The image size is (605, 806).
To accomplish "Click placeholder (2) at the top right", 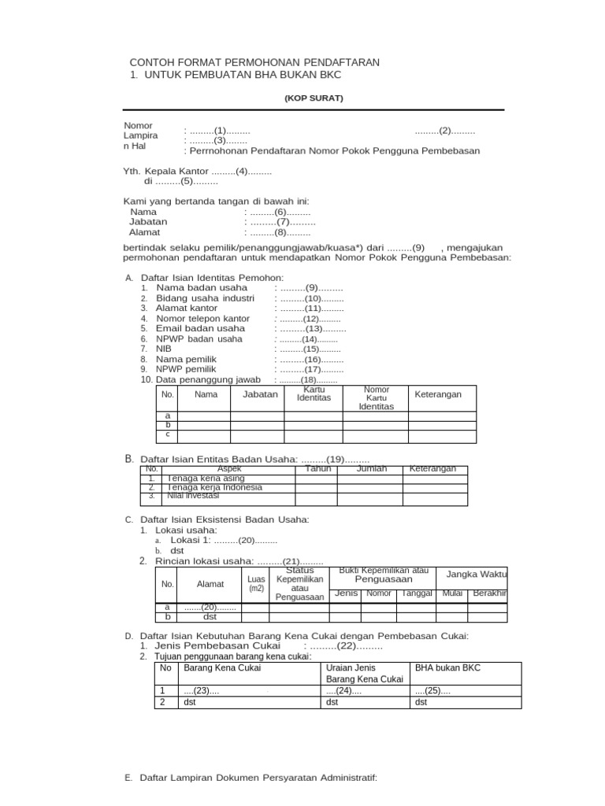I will [445, 131].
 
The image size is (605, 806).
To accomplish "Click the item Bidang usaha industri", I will [205, 298].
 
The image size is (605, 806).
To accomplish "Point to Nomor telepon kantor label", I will [202, 319].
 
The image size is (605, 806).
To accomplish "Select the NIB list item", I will [164, 349].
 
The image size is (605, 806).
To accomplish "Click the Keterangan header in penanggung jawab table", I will [438, 394].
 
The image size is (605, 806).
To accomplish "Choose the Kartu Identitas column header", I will [314, 394].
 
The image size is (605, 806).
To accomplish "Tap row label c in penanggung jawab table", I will [168, 434].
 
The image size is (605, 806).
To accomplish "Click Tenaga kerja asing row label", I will [206, 478].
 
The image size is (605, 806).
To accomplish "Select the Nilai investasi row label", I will [198, 497].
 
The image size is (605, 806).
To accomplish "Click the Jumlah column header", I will [371, 469].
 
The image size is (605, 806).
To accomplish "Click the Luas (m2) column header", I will [256, 584].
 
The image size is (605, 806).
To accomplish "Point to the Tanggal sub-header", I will [417, 593].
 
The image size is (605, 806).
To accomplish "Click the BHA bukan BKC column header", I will [447, 667].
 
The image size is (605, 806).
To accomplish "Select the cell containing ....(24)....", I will [343, 691].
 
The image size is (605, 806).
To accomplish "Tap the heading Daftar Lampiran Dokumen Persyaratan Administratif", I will [258, 778].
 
